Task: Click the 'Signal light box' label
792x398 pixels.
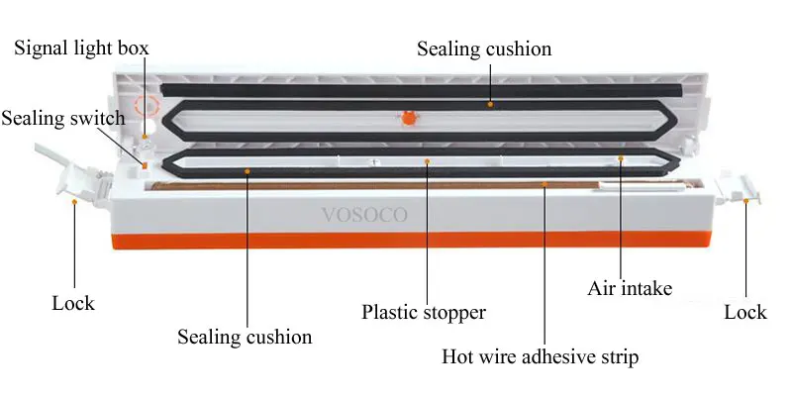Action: click(x=81, y=49)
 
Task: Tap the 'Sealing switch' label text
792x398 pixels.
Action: click(x=63, y=118)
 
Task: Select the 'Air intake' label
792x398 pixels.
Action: click(x=630, y=288)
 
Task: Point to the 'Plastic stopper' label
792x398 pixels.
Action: click(x=424, y=312)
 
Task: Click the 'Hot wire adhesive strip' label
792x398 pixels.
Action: click(x=540, y=356)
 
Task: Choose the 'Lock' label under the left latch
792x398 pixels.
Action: click(x=73, y=303)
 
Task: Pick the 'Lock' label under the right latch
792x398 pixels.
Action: click(x=745, y=312)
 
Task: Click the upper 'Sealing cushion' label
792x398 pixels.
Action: click(x=484, y=49)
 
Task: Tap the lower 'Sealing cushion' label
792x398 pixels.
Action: click(x=245, y=337)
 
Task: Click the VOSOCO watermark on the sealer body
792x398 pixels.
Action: click(x=364, y=215)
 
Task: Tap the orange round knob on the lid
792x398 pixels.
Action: click(x=409, y=118)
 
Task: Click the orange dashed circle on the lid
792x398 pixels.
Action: click(x=147, y=106)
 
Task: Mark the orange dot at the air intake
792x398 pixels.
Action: click(x=621, y=158)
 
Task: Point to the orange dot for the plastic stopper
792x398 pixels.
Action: click(x=428, y=161)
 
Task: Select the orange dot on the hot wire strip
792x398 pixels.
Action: click(x=544, y=184)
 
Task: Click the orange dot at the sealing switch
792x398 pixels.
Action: click(x=145, y=165)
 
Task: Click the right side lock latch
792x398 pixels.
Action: click(x=739, y=189)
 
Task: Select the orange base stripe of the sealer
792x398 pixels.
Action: click(x=410, y=242)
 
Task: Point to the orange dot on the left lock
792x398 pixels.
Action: click(x=75, y=202)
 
